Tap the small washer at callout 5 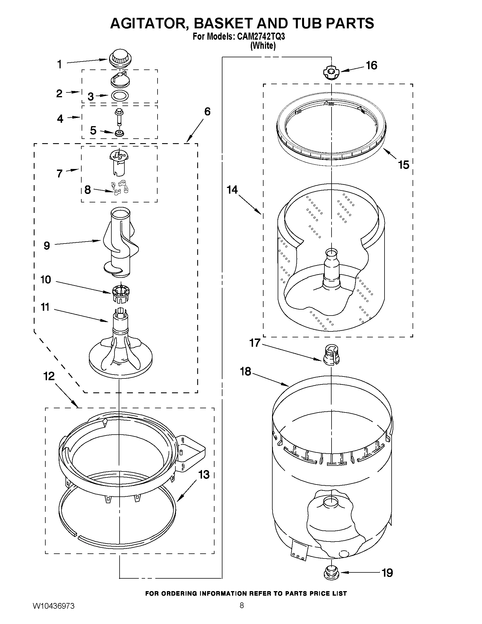pos(119,133)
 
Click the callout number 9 pos(47,246)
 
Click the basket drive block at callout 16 pos(331,73)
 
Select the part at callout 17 pos(331,354)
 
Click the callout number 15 pos(404,165)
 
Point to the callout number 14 pos(232,190)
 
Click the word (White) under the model pos(263,46)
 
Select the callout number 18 pos(245,371)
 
